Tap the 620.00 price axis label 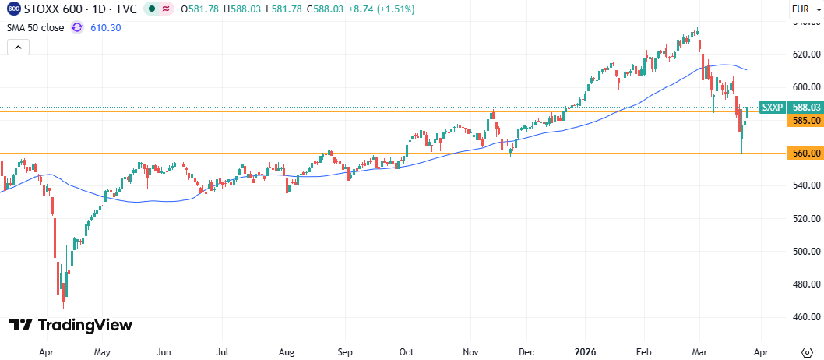point(806,54)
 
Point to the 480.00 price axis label point(806,284)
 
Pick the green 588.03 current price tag point(805,108)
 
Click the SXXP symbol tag point(773,108)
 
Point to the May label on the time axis point(103,351)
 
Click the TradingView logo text point(70,325)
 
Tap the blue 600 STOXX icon point(15,9)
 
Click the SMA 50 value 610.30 point(106,27)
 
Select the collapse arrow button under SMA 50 point(19,48)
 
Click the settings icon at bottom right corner point(808,351)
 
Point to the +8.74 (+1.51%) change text point(382,9)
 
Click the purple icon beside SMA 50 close point(77,27)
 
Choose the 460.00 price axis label point(806,317)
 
